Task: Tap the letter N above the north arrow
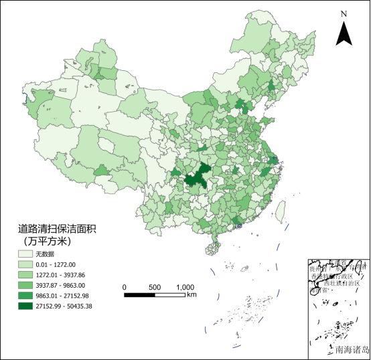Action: (x=344, y=13)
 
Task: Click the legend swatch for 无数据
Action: (x=26, y=255)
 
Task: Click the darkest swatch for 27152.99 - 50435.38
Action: (x=26, y=306)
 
